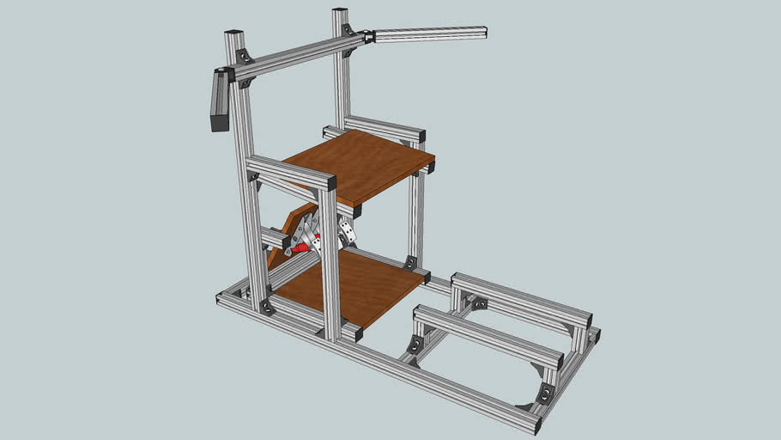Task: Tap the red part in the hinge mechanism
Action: (300, 247)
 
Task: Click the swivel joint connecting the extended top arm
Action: (368, 37)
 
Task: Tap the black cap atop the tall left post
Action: (233, 34)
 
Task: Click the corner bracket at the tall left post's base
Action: (267, 307)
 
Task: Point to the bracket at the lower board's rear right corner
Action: (410, 262)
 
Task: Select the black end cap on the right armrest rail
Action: (421, 137)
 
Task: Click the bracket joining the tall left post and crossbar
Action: (245, 57)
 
